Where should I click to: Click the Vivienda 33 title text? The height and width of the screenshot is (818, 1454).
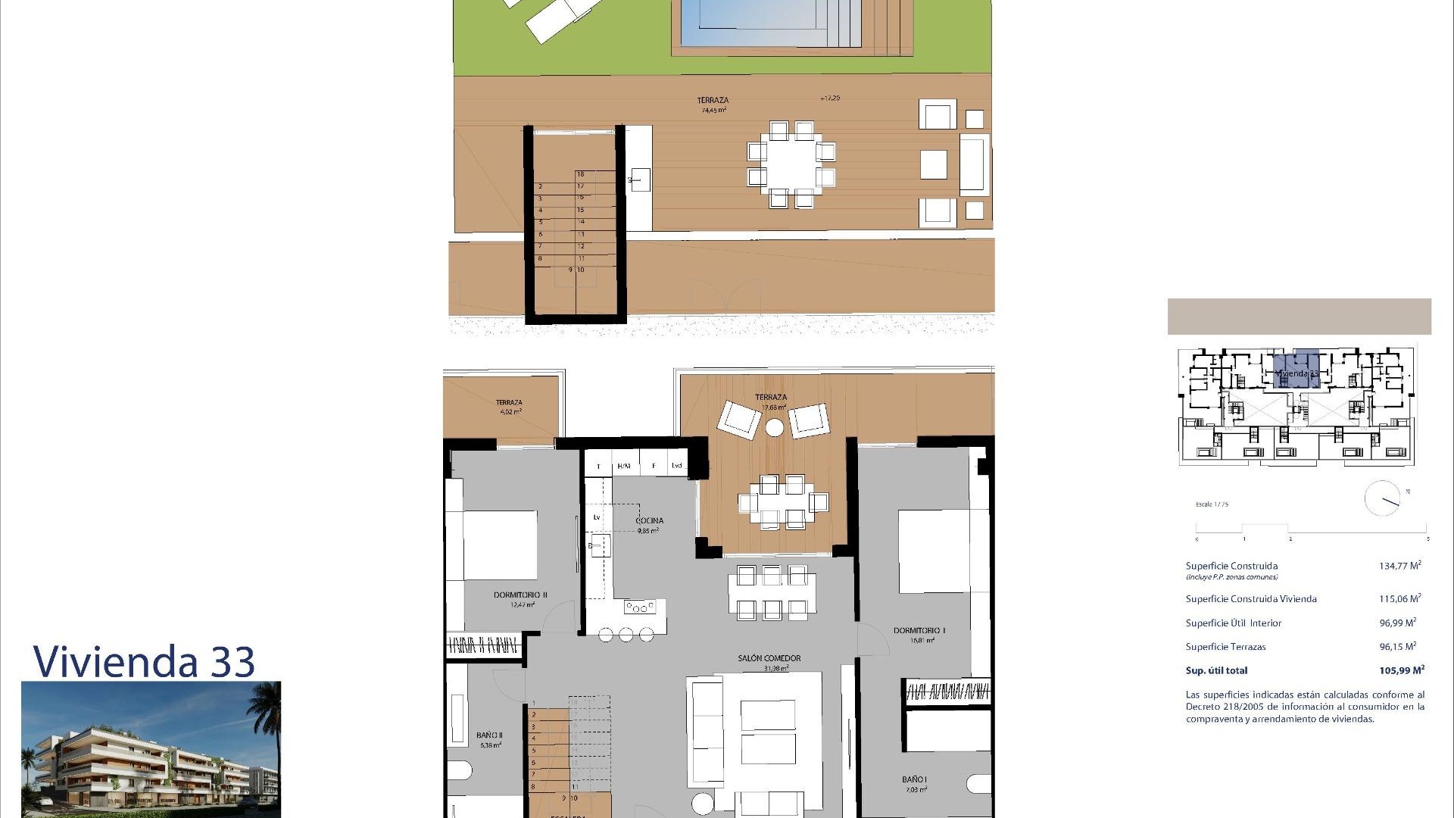click(x=144, y=661)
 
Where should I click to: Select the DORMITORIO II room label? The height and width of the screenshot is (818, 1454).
click(x=520, y=595)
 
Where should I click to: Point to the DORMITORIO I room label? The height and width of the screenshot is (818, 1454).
click(x=919, y=630)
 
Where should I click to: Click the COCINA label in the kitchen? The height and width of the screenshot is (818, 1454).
click(x=649, y=520)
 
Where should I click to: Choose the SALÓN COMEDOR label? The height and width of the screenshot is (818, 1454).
click(x=769, y=658)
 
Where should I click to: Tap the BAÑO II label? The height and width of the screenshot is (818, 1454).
click(x=489, y=735)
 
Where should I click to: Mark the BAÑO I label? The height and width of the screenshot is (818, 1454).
click(x=914, y=779)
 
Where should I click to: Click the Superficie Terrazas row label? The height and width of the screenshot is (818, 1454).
click(x=1225, y=647)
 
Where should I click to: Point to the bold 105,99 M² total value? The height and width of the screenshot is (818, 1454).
click(x=1401, y=670)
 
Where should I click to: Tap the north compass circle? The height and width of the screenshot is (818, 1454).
click(x=1382, y=498)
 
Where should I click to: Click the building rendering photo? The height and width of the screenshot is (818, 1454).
click(x=151, y=749)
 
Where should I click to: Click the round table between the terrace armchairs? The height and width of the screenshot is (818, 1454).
click(x=774, y=428)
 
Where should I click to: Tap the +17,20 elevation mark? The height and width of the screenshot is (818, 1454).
click(x=829, y=98)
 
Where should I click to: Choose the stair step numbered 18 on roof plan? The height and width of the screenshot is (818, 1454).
click(x=581, y=174)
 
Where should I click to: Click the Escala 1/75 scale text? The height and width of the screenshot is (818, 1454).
click(x=1212, y=504)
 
